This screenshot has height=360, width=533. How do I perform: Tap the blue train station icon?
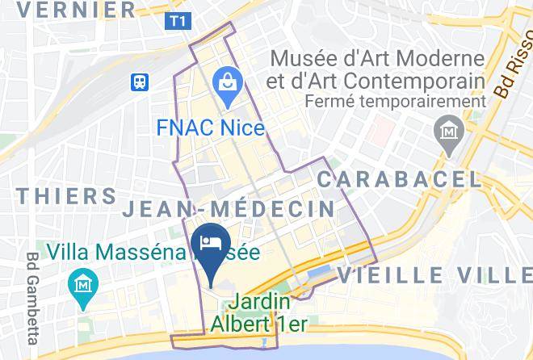pyautogui.click(x=141, y=81)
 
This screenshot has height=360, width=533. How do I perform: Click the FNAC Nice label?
pyautogui.click(x=210, y=128)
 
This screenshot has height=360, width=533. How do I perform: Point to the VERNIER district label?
pyautogui.click(x=77, y=10)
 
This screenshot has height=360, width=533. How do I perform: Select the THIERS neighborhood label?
pyautogui.click(x=67, y=196)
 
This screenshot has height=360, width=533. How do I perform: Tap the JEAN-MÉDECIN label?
pyautogui.click(x=229, y=209)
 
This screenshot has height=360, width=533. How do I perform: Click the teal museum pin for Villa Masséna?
pyautogui.click(x=83, y=287)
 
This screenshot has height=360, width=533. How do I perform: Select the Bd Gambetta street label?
pyautogui.click(x=34, y=296)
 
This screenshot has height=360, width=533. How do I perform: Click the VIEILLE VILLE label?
pyautogui.click(x=434, y=274)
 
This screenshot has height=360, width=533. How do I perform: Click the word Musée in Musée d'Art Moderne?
pyautogui.click(x=300, y=59)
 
